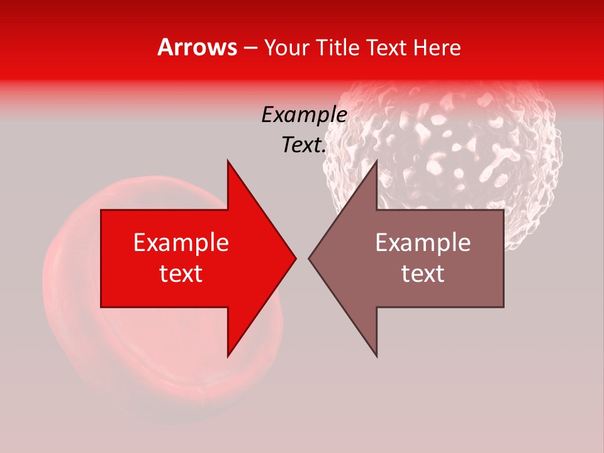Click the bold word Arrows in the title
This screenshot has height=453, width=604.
[198, 47]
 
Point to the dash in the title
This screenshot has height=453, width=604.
[251, 48]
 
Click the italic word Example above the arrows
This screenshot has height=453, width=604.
[304, 115]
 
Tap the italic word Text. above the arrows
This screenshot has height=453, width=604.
[304, 145]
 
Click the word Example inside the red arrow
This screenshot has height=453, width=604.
[181, 243]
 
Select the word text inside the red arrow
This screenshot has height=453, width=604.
[181, 274]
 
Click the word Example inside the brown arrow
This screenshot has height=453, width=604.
[423, 243]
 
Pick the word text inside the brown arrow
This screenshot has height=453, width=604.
[423, 274]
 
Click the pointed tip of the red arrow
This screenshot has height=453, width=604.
[295, 258]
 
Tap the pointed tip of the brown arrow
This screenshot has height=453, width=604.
[310, 258]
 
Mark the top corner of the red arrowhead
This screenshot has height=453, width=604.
[228, 162]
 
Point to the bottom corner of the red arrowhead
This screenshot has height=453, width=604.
[228, 355]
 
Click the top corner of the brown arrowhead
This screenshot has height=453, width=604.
[376, 162]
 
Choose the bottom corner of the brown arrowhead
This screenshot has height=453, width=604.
[376, 355]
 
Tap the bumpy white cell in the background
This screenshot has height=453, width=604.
[478, 145]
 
